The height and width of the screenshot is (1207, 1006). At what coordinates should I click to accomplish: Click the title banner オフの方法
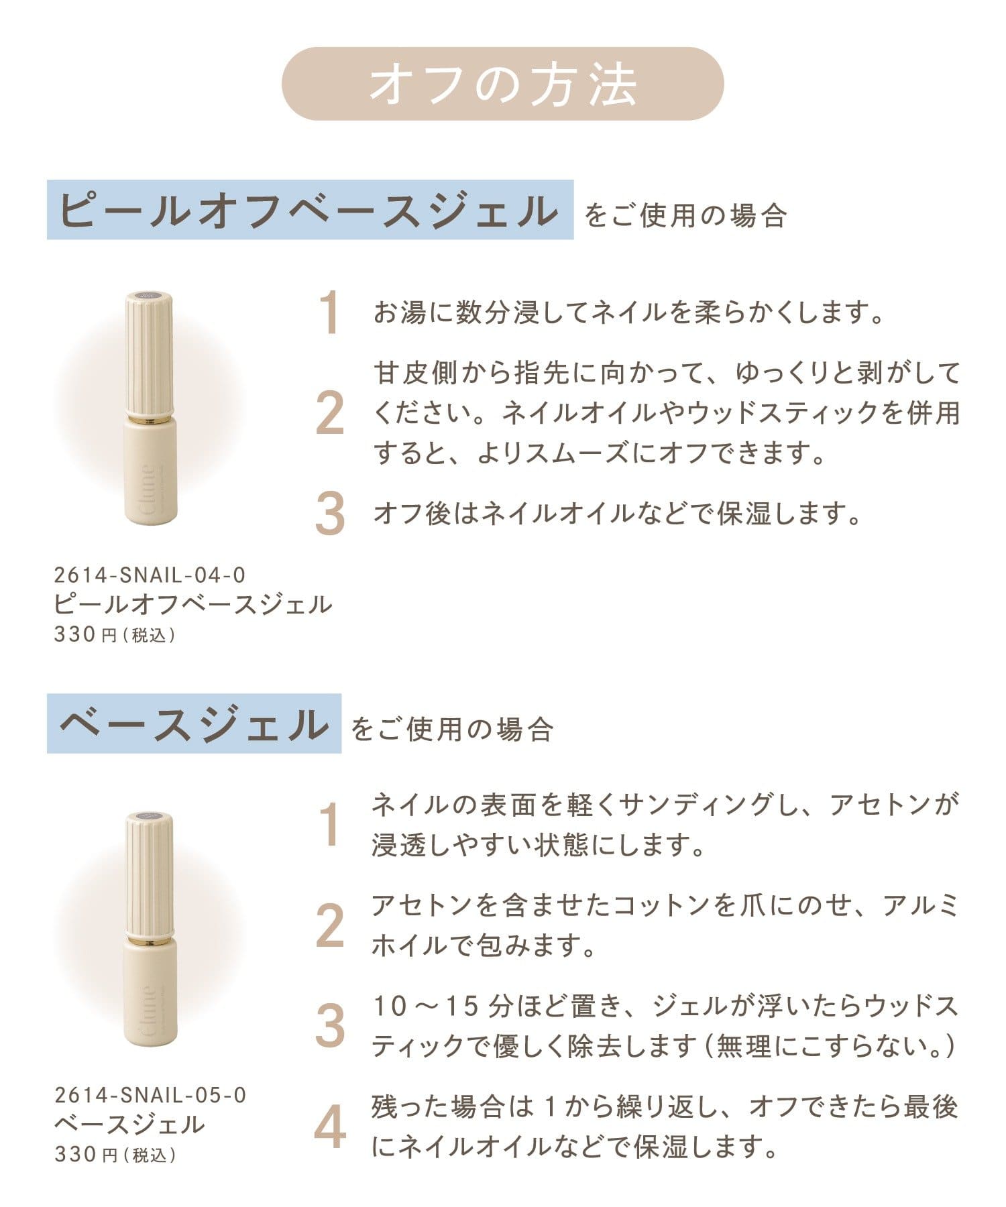point(502,84)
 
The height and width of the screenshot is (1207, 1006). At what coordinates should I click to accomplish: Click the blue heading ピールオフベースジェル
point(310,210)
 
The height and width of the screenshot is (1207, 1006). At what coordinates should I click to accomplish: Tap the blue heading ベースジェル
point(194,724)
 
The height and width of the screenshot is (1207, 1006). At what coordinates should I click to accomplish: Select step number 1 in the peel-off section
point(329,312)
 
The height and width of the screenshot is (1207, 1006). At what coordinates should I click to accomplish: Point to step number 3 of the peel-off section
point(330,514)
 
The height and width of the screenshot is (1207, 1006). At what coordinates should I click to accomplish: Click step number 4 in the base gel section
point(330,1127)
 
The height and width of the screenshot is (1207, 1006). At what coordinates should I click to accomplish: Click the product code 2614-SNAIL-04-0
point(150,575)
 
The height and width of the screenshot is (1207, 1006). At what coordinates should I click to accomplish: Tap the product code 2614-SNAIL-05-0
point(150,1095)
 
